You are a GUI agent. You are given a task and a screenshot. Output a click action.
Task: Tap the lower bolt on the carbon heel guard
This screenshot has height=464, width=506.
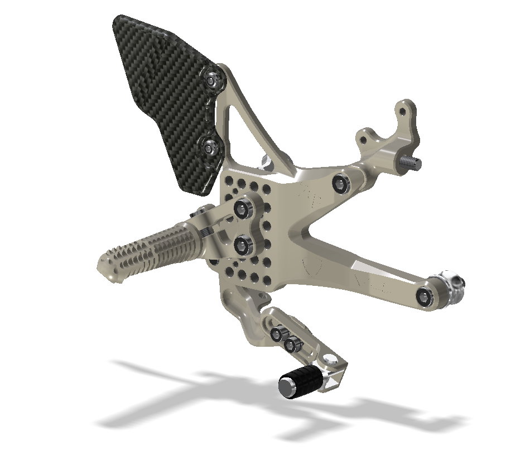coord(211,148)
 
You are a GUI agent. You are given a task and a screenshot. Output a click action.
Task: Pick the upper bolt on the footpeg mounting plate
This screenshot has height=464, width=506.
coord(243,209)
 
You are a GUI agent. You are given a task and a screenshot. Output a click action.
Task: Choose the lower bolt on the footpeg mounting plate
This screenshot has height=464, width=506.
coord(243,244)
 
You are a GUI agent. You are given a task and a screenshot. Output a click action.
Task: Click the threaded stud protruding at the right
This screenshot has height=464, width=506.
coord(412,162)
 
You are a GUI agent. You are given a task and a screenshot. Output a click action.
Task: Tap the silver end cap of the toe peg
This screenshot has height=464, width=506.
coord(287,388)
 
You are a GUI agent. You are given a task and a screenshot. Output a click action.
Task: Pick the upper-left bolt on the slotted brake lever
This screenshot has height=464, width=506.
coord(276,334)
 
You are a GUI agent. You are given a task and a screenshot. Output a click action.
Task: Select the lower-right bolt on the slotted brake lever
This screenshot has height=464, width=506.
coord(290,346)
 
